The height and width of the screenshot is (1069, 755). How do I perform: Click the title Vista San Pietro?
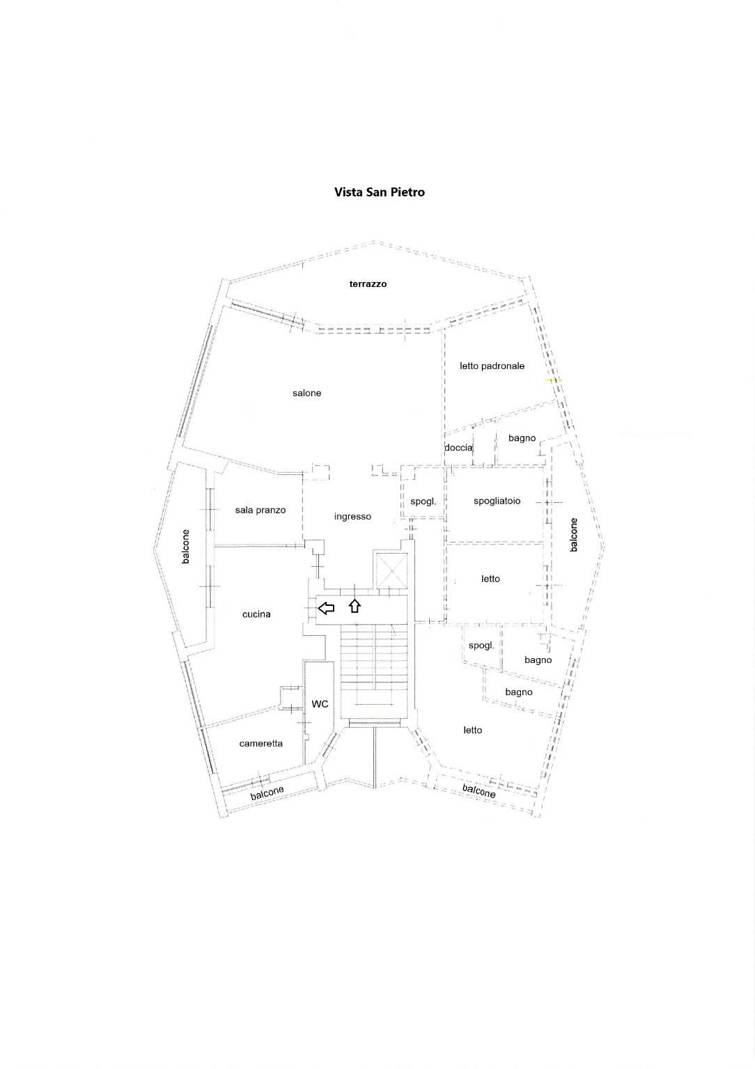click(x=380, y=192)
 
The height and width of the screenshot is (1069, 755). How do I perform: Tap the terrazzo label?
click(x=368, y=284)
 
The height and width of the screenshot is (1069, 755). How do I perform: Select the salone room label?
click(x=307, y=393)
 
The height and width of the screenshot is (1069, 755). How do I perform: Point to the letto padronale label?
click(x=492, y=366)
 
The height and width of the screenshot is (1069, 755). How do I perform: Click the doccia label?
click(x=458, y=448)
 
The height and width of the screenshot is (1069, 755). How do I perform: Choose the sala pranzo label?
click(x=260, y=510)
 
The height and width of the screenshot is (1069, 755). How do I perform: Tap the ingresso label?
click(x=352, y=516)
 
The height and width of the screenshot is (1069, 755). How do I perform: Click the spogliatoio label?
click(x=497, y=501)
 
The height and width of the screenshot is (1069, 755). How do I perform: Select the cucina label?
click(x=256, y=614)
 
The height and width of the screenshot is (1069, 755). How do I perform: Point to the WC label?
click(x=320, y=704)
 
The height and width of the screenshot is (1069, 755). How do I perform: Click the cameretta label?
click(x=260, y=744)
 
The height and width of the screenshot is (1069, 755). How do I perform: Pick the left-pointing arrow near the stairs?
click(x=327, y=608)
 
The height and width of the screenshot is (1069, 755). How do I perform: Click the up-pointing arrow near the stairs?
click(x=355, y=606)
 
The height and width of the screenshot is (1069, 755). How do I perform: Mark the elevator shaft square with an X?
click(x=391, y=571)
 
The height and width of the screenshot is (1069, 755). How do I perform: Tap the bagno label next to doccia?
click(x=522, y=438)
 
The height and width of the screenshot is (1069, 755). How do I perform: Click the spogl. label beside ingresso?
click(x=423, y=501)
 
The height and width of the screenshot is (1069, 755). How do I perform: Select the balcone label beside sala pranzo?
click(x=186, y=547)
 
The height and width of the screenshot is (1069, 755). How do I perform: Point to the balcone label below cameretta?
click(x=267, y=793)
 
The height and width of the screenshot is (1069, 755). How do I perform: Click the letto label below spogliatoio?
click(x=490, y=579)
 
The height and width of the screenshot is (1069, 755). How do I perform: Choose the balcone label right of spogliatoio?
click(x=574, y=535)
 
